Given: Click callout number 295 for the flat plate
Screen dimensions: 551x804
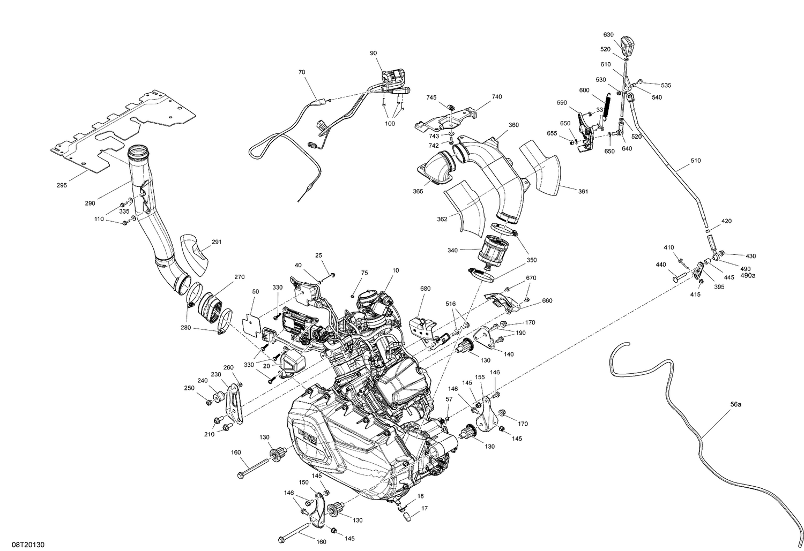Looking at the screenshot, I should (x=62, y=185).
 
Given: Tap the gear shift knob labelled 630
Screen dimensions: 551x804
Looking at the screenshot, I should (x=628, y=43).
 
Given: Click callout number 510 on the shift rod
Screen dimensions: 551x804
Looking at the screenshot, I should (x=695, y=161).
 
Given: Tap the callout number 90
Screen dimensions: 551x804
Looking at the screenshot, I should (x=373, y=53).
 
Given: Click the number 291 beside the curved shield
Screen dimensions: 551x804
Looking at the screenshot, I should (x=216, y=242).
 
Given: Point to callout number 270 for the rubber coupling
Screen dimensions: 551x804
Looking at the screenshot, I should (x=239, y=277).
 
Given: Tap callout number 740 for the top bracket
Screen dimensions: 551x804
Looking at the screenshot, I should (x=496, y=97).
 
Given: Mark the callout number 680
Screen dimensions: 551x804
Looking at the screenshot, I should (x=425, y=289).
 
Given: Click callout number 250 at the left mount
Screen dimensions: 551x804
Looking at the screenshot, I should (x=189, y=388).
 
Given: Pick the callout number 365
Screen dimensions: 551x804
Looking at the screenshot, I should (x=418, y=191).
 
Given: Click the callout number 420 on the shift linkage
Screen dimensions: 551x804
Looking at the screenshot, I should (x=726, y=221).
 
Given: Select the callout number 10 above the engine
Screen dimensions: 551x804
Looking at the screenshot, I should (x=395, y=270).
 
